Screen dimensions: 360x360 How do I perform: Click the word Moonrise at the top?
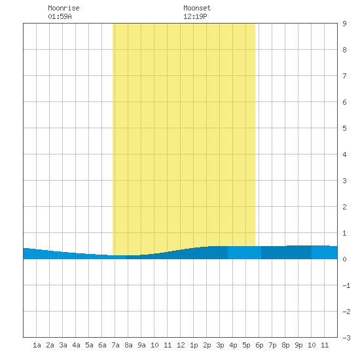[63, 8]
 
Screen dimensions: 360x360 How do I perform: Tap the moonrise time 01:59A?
[60, 16]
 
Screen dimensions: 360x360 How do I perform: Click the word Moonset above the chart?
[197, 8]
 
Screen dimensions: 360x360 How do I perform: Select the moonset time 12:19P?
[195, 16]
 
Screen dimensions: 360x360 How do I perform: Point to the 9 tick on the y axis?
[344, 24]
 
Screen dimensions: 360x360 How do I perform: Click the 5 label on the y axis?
[344, 128]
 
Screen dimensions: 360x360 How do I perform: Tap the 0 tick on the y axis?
[344, 259]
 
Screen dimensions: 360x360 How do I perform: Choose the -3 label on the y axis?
[346, 338]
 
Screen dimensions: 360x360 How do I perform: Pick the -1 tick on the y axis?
[346, 285]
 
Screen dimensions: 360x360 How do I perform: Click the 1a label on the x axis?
[37, 345]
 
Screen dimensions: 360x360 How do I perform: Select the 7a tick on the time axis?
[115, 345]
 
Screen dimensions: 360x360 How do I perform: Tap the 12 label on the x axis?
[181, 345]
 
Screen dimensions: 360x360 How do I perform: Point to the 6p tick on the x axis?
[259, 345]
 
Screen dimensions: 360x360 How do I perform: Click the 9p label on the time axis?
[298, 345]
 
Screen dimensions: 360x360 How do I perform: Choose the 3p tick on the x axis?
[220, 345]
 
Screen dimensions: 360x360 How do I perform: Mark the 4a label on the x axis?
[76, 345]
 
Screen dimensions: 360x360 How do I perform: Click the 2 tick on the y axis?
[344, 207]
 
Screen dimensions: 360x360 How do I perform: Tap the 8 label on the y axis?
[344, 50]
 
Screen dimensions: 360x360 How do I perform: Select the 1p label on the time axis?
[194, 345]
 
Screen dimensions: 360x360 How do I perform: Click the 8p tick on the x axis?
[285, 345]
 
